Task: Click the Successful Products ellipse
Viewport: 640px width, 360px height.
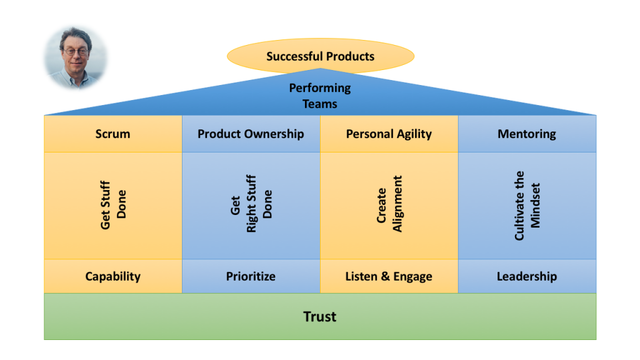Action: point(321,56)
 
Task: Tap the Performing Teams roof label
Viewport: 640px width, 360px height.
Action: point(320,96)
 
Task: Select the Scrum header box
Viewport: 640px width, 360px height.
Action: point(113,134)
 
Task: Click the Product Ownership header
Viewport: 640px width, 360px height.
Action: point(251,134)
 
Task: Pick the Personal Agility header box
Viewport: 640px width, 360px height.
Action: point(389,134)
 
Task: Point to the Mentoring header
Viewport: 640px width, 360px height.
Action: point(527,134)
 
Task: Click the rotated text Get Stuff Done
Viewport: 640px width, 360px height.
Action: point(113,205)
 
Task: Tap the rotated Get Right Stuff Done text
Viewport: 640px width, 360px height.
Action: point(251,204)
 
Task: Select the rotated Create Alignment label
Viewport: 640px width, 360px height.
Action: point(389,204)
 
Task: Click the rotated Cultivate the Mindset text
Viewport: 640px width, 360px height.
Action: point(527,205)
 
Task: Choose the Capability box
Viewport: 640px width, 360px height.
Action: point(113,276)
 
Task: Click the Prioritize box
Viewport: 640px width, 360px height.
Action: point(251,276)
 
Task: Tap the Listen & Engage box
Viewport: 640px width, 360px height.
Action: point(389,276)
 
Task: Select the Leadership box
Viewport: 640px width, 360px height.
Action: point(527,276)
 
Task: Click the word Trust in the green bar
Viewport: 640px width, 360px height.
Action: point(319,317)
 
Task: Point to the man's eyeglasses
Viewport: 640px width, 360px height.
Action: point(76,52)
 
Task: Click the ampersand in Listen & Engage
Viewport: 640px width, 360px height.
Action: point(385,276)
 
